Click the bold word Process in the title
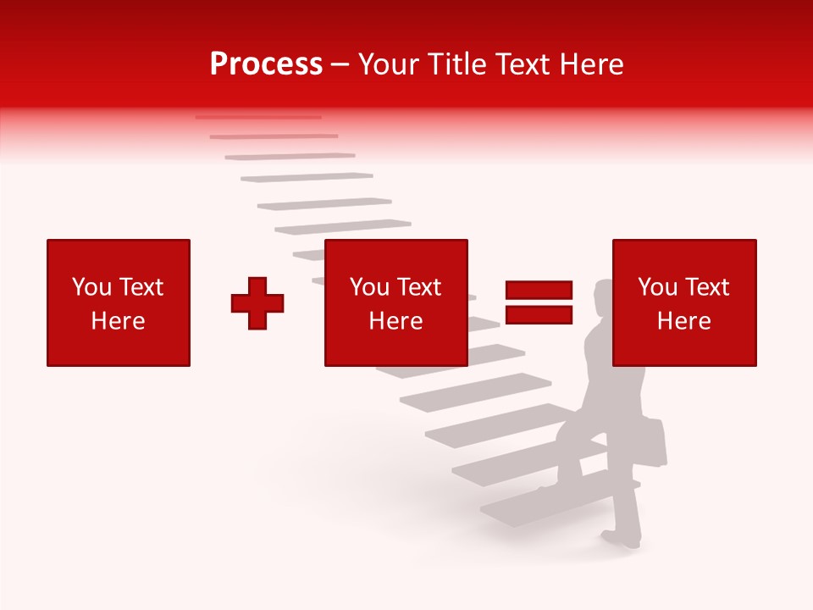click(266, 64)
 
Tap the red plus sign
click(257, 302)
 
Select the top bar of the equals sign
click(539, 290)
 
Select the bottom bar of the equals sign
click(539, 315)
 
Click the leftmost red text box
click(119, 302)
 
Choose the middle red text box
click(396, 302)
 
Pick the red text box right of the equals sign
click(684, 302)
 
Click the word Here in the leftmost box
click(119, 321)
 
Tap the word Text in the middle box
click(418, 287)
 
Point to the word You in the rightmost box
click(658, 287)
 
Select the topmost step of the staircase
click(258, 117)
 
